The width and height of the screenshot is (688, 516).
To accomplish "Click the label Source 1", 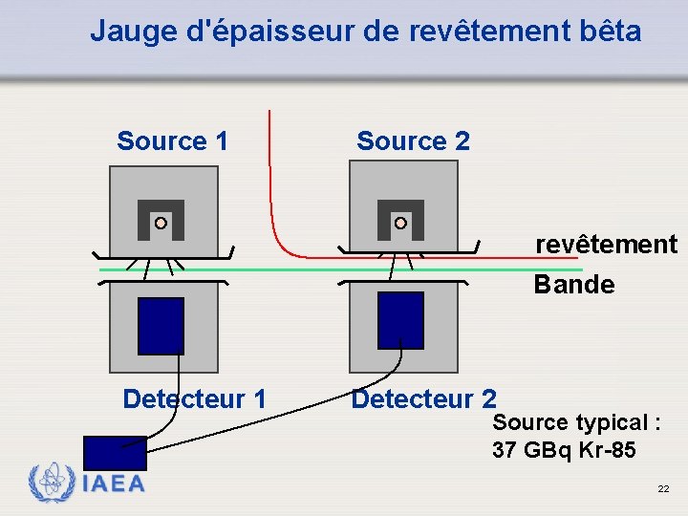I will pyautogui.click(x=172, y=142).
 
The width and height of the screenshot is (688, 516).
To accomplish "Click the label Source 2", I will pyautogui.click(x=413, y=142).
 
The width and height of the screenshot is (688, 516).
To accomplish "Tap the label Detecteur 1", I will pyautogui.click(x=194, y=398).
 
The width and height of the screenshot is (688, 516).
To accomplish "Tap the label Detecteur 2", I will pyautogui.click(x=423, y=398).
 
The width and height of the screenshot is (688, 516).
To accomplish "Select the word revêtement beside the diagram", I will pyautogui.click(x=606, y=245).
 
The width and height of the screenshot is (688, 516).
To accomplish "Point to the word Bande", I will pyautogui.click(x=573, y=285).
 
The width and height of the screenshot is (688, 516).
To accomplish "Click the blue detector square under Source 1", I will pyautogui.click(x=161, y=326).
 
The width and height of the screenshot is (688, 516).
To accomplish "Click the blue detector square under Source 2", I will pyautogui.click(x=400, y=320).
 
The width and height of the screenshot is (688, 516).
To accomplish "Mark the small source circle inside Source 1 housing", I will pyautogui.click(x=161, y=223).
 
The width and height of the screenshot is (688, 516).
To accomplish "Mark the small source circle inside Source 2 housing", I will pyautogui.click(x=400, y=223).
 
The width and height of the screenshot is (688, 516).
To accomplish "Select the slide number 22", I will pyautogui.click(x=663, y=489).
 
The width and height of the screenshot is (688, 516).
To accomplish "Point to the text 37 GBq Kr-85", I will pyautogui.click(x=564, y=450).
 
